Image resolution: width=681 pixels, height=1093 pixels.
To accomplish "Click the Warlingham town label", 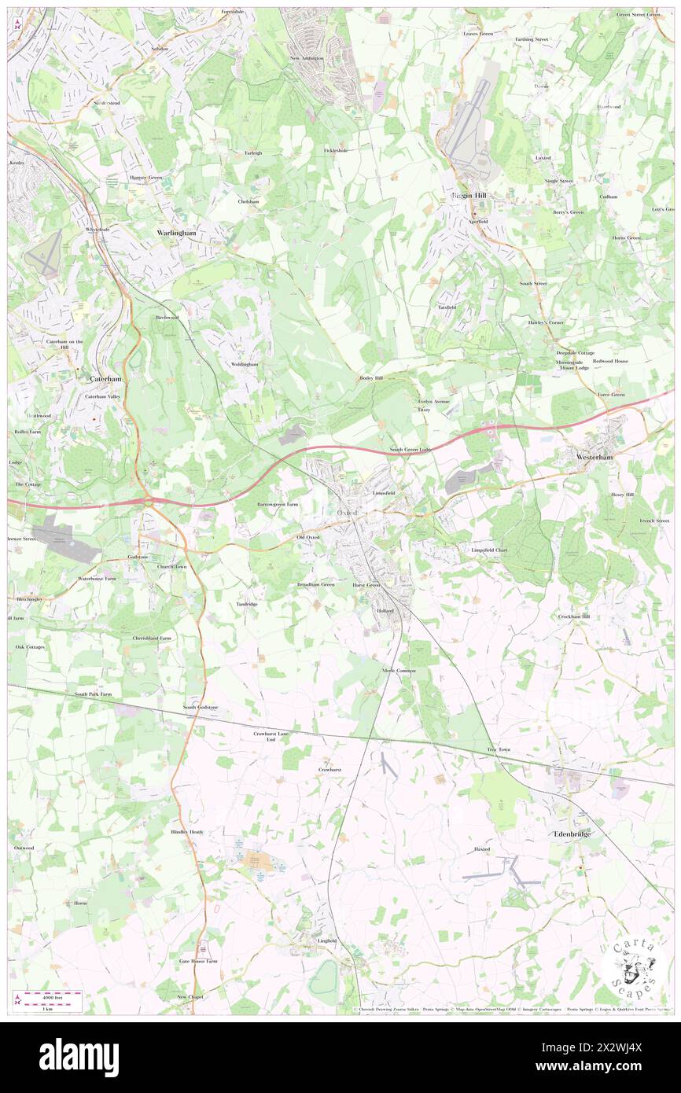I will pos(176,234).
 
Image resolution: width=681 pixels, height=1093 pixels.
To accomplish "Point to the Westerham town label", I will pos(595,456).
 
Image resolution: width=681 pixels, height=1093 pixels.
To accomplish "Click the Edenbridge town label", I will pos(572,834).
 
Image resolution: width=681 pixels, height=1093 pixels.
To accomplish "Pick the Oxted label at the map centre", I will pos(348,513).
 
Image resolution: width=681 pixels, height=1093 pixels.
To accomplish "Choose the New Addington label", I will pos(307,58).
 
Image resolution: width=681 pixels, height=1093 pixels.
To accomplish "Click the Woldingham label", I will pos(245,365).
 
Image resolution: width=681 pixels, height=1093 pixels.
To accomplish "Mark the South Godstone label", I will pos(201,708).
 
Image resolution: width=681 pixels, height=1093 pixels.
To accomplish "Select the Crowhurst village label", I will pos(330,769).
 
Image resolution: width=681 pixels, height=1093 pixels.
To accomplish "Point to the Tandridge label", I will pos(247,604).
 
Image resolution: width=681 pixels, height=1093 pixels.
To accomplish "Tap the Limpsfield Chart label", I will pos(489,550).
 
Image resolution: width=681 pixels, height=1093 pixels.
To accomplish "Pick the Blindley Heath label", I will pos(187,832).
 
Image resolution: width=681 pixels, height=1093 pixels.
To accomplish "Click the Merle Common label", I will pos(398,670).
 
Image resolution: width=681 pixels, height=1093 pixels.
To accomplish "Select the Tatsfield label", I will pos(447,307).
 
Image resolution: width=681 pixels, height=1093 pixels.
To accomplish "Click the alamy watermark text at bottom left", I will pos(79,1057).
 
